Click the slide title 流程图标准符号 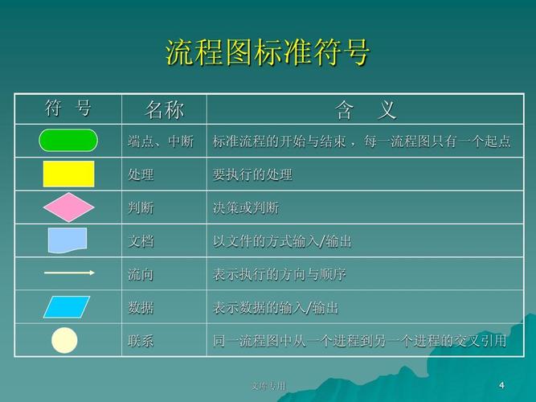[268, 52]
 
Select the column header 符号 [68, 109]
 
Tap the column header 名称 [164, 109]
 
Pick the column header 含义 [366, 109]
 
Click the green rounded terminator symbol [68, 141]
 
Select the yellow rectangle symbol [68, 174]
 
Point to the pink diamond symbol [68, 207]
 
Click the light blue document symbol [68, 240]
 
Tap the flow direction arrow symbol [68, 273]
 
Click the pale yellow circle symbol [64, 340]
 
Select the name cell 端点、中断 [161, 142]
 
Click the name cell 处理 [141, 174]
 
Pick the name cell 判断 [141, 207]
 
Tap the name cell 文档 [141, 241]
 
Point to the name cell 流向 [141, 274]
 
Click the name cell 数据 [141, 307]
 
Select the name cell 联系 [141, 341]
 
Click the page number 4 [501, 384]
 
